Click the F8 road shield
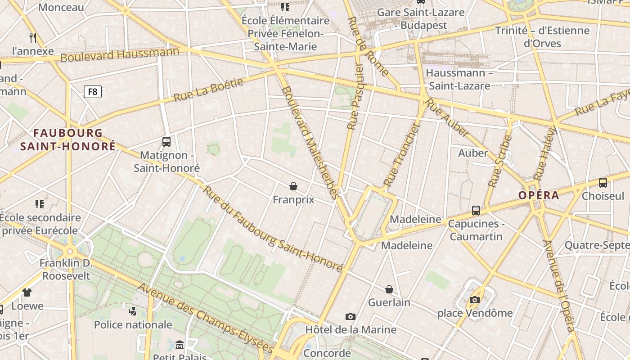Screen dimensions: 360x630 [x=92, y=92]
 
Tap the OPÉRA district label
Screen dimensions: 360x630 [x=539, y=195]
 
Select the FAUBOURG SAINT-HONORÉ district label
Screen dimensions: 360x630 [x=68, y=139]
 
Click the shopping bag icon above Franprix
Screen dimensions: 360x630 [x=293, y=186]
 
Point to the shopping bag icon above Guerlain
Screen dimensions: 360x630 [x=389, y=289]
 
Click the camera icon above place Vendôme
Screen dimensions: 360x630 [x=474, y=300]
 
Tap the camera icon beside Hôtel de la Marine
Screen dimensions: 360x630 [x=351, y=316]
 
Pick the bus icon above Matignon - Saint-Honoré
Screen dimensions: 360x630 [x=166, y=142]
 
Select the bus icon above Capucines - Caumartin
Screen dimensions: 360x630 [x=476, y=210]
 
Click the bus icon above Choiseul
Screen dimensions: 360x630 [x=603, y=183]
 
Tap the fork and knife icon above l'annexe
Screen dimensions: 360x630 [x=33, y=37]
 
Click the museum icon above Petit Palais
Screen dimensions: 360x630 [x=180, y=345]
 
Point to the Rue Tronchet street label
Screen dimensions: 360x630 [x=401, y=155]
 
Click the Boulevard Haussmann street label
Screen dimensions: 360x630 [x=120, y=54]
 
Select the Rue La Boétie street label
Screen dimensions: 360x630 [x=208, y=90]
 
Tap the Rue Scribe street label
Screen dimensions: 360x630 [x=500, y=162]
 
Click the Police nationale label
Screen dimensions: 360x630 [x=133, y=324]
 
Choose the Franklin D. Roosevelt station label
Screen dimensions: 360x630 [x=66, y=269]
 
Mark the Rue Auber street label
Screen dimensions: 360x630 [x=447, y=117]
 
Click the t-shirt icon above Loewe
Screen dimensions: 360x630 [x=27, y=292]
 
